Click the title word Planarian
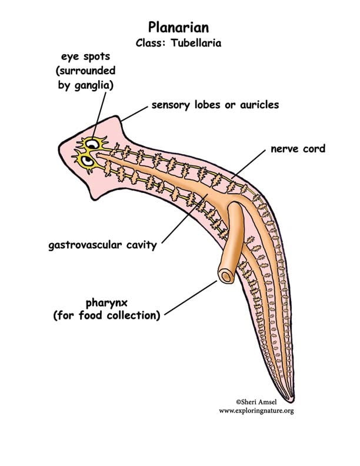point(179,27)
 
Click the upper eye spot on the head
point(92,143)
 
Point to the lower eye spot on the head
point(86,159)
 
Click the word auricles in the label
point(259,105)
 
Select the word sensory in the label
point(169,105)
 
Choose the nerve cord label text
point(298,149)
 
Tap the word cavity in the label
point(144,245)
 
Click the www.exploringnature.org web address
point(256,410)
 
